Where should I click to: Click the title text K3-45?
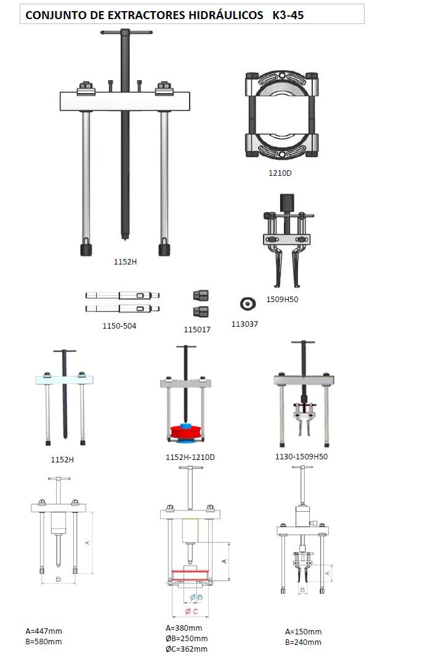click(288, 15)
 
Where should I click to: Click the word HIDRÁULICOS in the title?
click(225, 15)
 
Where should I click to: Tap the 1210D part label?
click(280, 173)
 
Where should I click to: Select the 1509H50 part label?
click(282, 299)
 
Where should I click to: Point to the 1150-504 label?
click(119, 326)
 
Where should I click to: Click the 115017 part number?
click(197, 329)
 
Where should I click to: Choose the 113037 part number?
click(244, 324)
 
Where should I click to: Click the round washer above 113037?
click(248, 304)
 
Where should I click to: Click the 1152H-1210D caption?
click(190, 457)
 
